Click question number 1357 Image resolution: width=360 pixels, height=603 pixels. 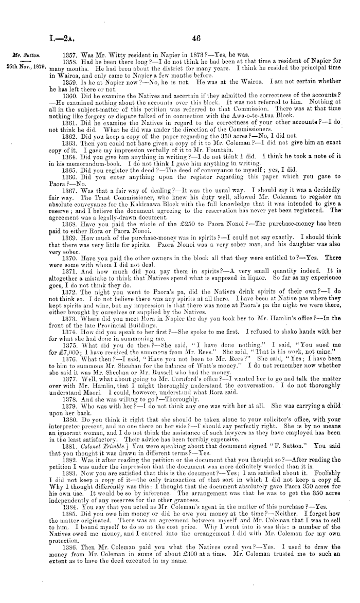[x=68, y=53]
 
